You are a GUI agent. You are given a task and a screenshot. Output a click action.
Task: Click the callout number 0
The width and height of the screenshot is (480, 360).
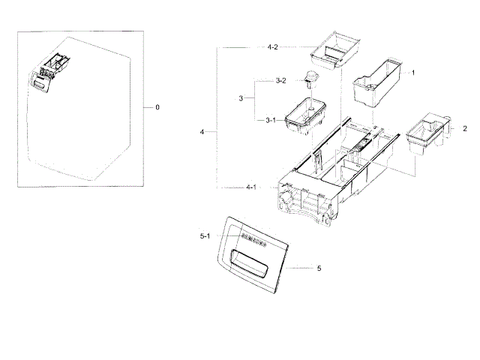[x=157, y=107]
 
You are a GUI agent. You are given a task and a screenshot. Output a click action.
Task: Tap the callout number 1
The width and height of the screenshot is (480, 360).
[x=412, y=73]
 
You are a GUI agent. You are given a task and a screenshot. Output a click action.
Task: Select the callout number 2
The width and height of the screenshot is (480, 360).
[x=464, y=128]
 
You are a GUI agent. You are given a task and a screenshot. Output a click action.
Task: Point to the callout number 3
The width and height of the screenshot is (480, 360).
[x=241, y=98]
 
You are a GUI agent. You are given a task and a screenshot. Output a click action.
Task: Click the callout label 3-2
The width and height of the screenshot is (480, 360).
[x=280, y=80]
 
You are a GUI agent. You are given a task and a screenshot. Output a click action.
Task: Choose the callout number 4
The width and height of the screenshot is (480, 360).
[x=202, y=132]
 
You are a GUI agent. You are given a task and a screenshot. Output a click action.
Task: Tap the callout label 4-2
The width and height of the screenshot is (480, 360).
[x=272, y=46]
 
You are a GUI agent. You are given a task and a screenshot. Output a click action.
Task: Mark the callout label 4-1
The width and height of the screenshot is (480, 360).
[x=250, y=187]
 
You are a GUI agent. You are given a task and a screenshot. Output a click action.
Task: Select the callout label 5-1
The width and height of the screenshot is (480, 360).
[x=205, y=237]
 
